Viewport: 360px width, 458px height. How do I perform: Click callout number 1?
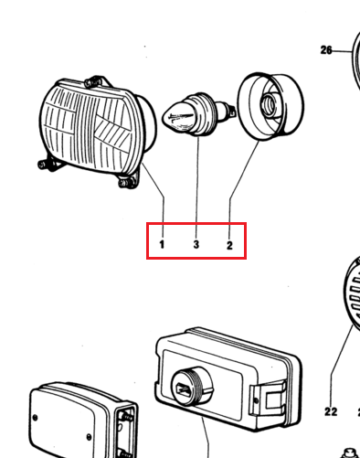click(x=162, y=244)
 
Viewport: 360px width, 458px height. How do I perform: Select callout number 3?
click(x=196, y=244)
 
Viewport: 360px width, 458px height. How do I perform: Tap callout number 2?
click(x=229, y=245)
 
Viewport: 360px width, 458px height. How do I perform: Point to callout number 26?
click(x=326, y=50)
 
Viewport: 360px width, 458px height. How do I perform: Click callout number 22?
click(x=331, y=412)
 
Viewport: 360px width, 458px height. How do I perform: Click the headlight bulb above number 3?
click(x=198, y=114)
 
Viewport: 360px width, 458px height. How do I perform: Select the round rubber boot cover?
click(x=270, y=106)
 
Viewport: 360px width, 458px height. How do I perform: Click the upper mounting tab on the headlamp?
click(x=97, y=81)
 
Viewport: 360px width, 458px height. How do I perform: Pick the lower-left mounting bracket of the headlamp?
click(x=50, y=164)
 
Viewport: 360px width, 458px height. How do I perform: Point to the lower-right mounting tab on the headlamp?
click(x=129, y=180)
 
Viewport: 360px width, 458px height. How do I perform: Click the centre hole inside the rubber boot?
click(x=269, y=104)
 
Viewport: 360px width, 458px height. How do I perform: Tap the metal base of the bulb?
click(x=226, y=111)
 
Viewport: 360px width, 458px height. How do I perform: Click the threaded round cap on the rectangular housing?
click(x=192, y=386)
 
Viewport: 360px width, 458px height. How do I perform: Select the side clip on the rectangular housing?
click(x=268, y=398)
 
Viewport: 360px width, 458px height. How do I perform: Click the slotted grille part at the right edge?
click(x=352, y=291)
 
